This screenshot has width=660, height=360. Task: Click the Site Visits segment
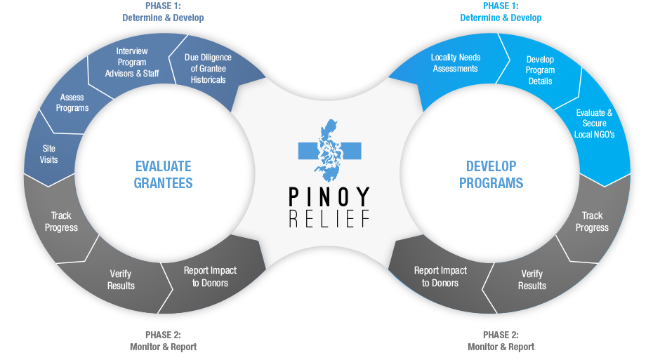pos(48,154)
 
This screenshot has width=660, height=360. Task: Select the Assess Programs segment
pos(72,102)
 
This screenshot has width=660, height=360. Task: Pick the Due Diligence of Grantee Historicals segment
pos(208,69)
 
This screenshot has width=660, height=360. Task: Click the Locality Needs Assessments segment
pos(454,63)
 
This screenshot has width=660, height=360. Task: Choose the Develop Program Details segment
pos(540,70)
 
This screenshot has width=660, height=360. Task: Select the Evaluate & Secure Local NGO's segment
pos(594,123)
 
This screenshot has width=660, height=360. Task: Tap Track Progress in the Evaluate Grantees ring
pos(61,222)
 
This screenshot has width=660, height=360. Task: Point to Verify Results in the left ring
pos(121,279)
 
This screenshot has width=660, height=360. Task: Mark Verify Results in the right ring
pos(532,279)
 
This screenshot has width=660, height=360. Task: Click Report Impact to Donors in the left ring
pos(210,276)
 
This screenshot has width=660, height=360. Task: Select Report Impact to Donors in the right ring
pos(440,276)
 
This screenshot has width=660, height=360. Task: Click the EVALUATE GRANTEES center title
pos(164,175)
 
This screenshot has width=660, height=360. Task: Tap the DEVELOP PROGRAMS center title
pos(491,175)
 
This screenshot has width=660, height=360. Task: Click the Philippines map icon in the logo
pos(329,150)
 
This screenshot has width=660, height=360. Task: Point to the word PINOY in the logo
pos(329,196)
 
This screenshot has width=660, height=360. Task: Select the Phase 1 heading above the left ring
pos(163,12)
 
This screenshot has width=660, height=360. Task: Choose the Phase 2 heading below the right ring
pos(501,341)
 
